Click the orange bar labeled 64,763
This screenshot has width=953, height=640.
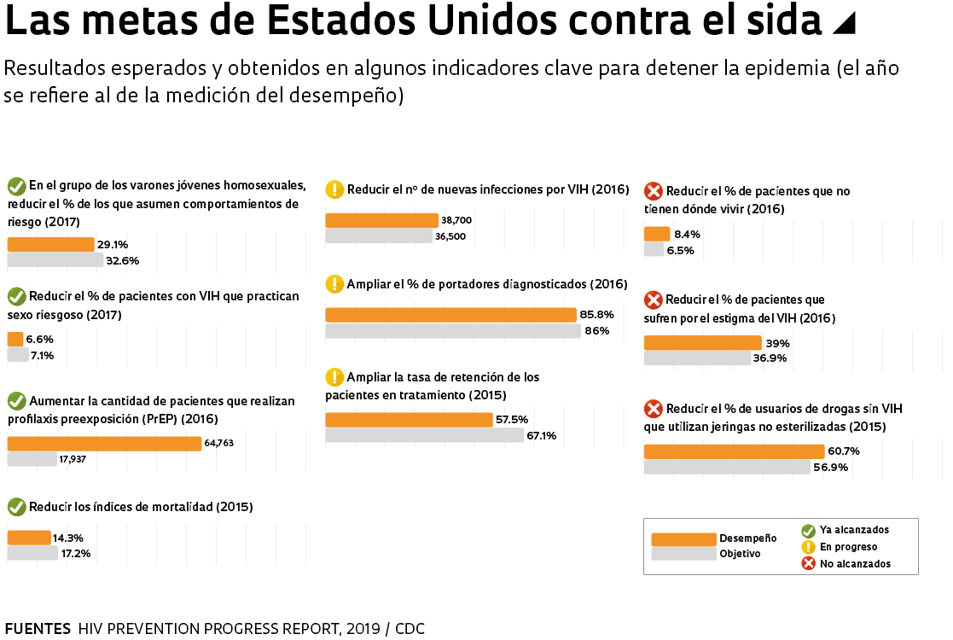[104, 444]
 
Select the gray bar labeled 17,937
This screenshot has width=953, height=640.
[32, 459]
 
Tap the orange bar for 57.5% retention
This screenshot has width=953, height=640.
[409, 420]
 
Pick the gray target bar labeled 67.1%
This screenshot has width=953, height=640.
[424, 435]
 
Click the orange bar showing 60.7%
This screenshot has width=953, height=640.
[734, 451]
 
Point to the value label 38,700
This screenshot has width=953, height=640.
[456, 220]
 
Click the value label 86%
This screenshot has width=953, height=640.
[597, 330]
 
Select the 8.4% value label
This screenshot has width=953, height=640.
[687, 234]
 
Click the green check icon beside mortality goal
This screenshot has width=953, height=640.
[16, 507]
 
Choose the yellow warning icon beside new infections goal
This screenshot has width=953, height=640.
[334, 189]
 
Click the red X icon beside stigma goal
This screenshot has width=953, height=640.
[653, 300]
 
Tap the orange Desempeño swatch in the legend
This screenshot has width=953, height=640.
[683, 539]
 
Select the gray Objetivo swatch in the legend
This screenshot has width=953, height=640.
[683, 554]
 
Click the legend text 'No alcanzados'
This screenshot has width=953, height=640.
[855, 564]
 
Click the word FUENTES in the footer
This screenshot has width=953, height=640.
[38, 629]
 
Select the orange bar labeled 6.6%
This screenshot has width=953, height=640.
[15, 339]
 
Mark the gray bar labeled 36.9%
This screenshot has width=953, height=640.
[696, 358]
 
